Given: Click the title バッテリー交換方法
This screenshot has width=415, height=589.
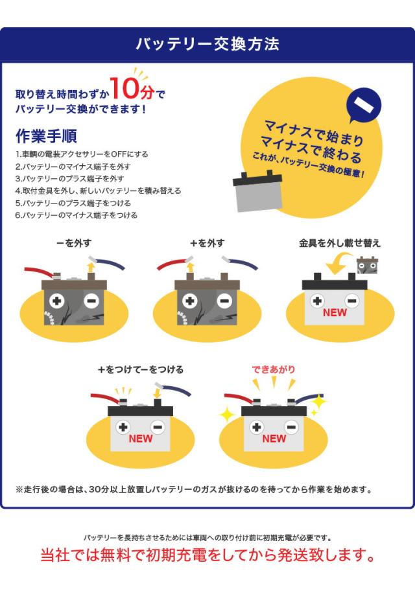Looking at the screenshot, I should [x=207, y=44].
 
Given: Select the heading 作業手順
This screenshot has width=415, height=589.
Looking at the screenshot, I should [x=46, y=136].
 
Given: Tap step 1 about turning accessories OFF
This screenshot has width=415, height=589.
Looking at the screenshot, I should [x=82, y=154].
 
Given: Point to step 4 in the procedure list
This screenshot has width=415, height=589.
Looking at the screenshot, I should [x=98, y=191].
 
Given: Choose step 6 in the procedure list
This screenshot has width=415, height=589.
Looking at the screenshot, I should [x=77, y=215].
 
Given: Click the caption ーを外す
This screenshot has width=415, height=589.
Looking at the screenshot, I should [x=73, y=244].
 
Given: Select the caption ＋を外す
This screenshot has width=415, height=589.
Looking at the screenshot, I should [x=207, y=244].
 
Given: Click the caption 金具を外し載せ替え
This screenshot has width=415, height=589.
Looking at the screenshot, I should [x=339, y=244].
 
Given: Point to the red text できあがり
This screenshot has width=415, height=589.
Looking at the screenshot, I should [x=273, y=369].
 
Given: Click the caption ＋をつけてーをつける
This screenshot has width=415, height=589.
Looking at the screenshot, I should [x=140, y=369].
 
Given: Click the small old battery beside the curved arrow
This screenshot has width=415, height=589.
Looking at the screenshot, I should [x=368, y=264].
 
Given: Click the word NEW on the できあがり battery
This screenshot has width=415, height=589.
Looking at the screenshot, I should [x=274, y=439].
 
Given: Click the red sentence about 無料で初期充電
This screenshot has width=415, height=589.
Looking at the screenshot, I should [x=207, y=556].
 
